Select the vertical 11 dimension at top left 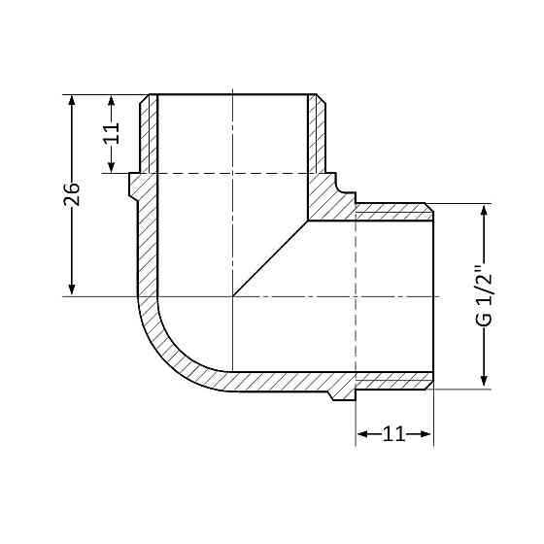point(112,133)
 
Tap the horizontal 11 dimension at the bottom point(393,434)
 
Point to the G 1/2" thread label point(484,295)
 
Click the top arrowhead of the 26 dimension point(72,101)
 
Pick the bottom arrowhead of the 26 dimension point(72,289)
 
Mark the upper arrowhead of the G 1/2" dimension point(484,210)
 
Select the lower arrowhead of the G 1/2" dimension point(484,382)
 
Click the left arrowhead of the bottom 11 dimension point(362,434)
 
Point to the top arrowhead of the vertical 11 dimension point(112,101)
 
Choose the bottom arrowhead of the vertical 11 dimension point(112,166)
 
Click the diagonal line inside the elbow point(271,258)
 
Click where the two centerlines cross point(233,295)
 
